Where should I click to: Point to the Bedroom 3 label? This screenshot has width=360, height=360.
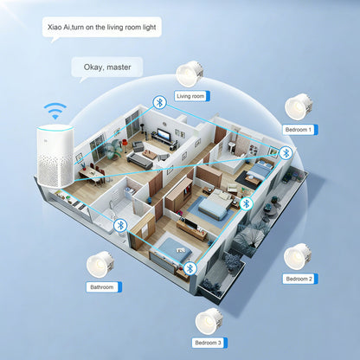pos(209,343)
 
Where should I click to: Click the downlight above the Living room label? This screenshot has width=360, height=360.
pos(190,74)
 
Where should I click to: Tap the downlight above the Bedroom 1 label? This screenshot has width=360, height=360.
pos(299,106)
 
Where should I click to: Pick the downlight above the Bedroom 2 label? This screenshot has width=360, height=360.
pos(298,257)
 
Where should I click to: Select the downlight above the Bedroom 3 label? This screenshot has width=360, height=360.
pos(209,322)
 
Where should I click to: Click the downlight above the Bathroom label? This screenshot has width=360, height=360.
pos(100,265)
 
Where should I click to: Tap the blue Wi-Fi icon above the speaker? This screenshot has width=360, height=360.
pos(55,111)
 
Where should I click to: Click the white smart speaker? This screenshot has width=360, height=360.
pos(55,157)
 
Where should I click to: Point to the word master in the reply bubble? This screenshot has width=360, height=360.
pos(119,67)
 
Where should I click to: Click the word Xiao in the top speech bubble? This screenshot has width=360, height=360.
pos(54,28)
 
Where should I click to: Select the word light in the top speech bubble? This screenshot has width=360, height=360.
pos(150,28)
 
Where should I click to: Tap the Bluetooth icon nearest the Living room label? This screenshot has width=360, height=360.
pos(159,102)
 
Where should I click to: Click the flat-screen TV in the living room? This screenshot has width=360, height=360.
pos(164,134)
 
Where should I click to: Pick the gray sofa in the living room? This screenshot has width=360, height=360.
pos(140,161)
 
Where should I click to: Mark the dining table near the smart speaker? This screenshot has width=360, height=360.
pos(89,173)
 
